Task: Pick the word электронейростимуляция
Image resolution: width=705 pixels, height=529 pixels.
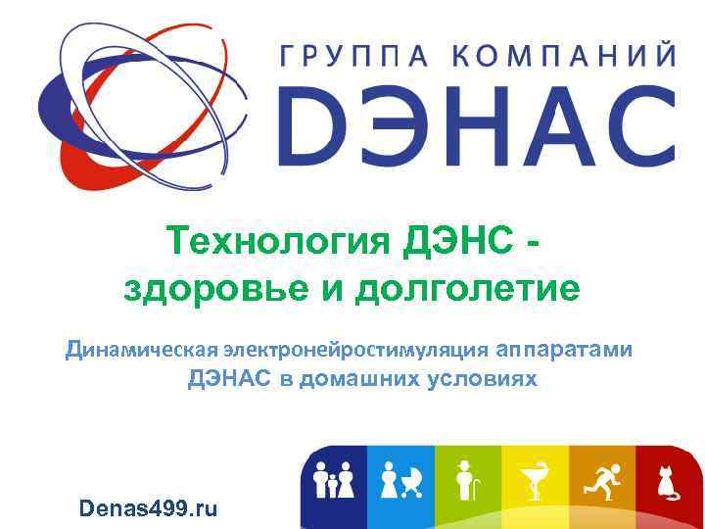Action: pyautogui.click(x=355, y=349)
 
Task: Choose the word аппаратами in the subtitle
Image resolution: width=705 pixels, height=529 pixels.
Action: pyautogui.click(x=564, y=349)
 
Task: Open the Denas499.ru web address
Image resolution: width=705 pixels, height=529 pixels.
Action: pyautogui.click(x=148, y=507)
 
